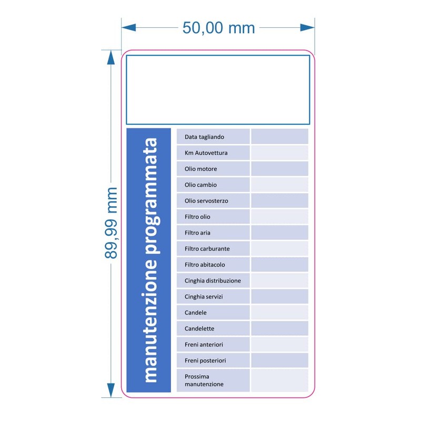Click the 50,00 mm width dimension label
(x=218, y=28)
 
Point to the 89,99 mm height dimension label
(x=111, y=223)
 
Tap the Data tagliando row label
(x=204, y=137)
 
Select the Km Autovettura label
(x=206, y=153)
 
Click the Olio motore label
(x=201, y=169)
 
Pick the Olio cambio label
(x=201, y=185)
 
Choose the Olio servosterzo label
(x=206, y=201)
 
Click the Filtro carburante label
(x=207, y=248)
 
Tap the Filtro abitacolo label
(x=205, y=265)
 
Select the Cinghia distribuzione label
(x=213, y=281)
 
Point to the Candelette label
(x=199, y=328)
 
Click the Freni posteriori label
(x=205, y=360)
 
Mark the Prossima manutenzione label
(x=204, y=380)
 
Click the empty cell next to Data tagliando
(x=279, y=136)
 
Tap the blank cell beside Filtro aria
(x=279, y=232)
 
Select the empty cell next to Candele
(x=279, y=312)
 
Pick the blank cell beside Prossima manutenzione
(x=279, y=380)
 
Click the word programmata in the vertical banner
(x=151, y=196)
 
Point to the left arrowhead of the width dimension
(x=128, y=27)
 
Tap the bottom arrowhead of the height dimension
(x=111, y=390)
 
